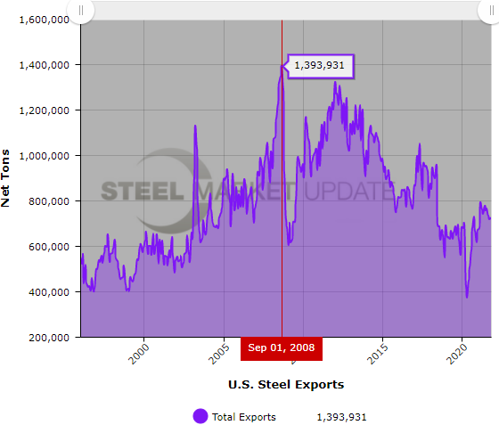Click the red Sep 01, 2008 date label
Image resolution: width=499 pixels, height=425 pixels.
(282, 347)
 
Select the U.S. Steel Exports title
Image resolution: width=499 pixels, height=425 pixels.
(285, 385)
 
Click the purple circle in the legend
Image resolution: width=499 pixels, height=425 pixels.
(200, 416)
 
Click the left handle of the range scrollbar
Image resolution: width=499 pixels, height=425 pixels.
(81, 10)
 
